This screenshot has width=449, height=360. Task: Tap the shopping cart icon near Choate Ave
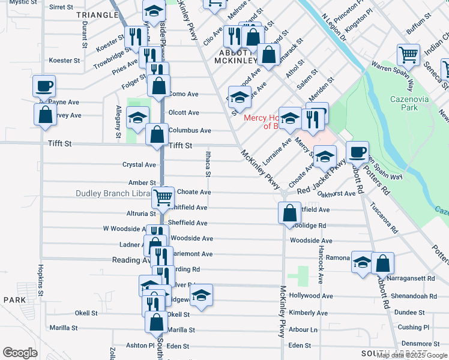(163, 196)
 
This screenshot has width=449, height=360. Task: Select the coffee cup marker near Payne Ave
(44, 85)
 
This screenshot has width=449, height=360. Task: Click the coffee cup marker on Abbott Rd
(357, 151)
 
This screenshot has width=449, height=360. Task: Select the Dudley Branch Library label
(113, 193)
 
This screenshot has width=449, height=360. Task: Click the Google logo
(20, 353)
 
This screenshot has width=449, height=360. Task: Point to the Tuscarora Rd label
(385, 217)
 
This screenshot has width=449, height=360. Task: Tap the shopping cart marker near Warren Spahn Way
(408, 55)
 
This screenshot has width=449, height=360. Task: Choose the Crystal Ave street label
(139, 164)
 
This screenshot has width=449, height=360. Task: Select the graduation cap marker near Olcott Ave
(137, 116)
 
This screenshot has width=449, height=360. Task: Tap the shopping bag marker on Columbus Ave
(157, 134)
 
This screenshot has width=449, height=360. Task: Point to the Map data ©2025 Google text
(411, 355)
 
